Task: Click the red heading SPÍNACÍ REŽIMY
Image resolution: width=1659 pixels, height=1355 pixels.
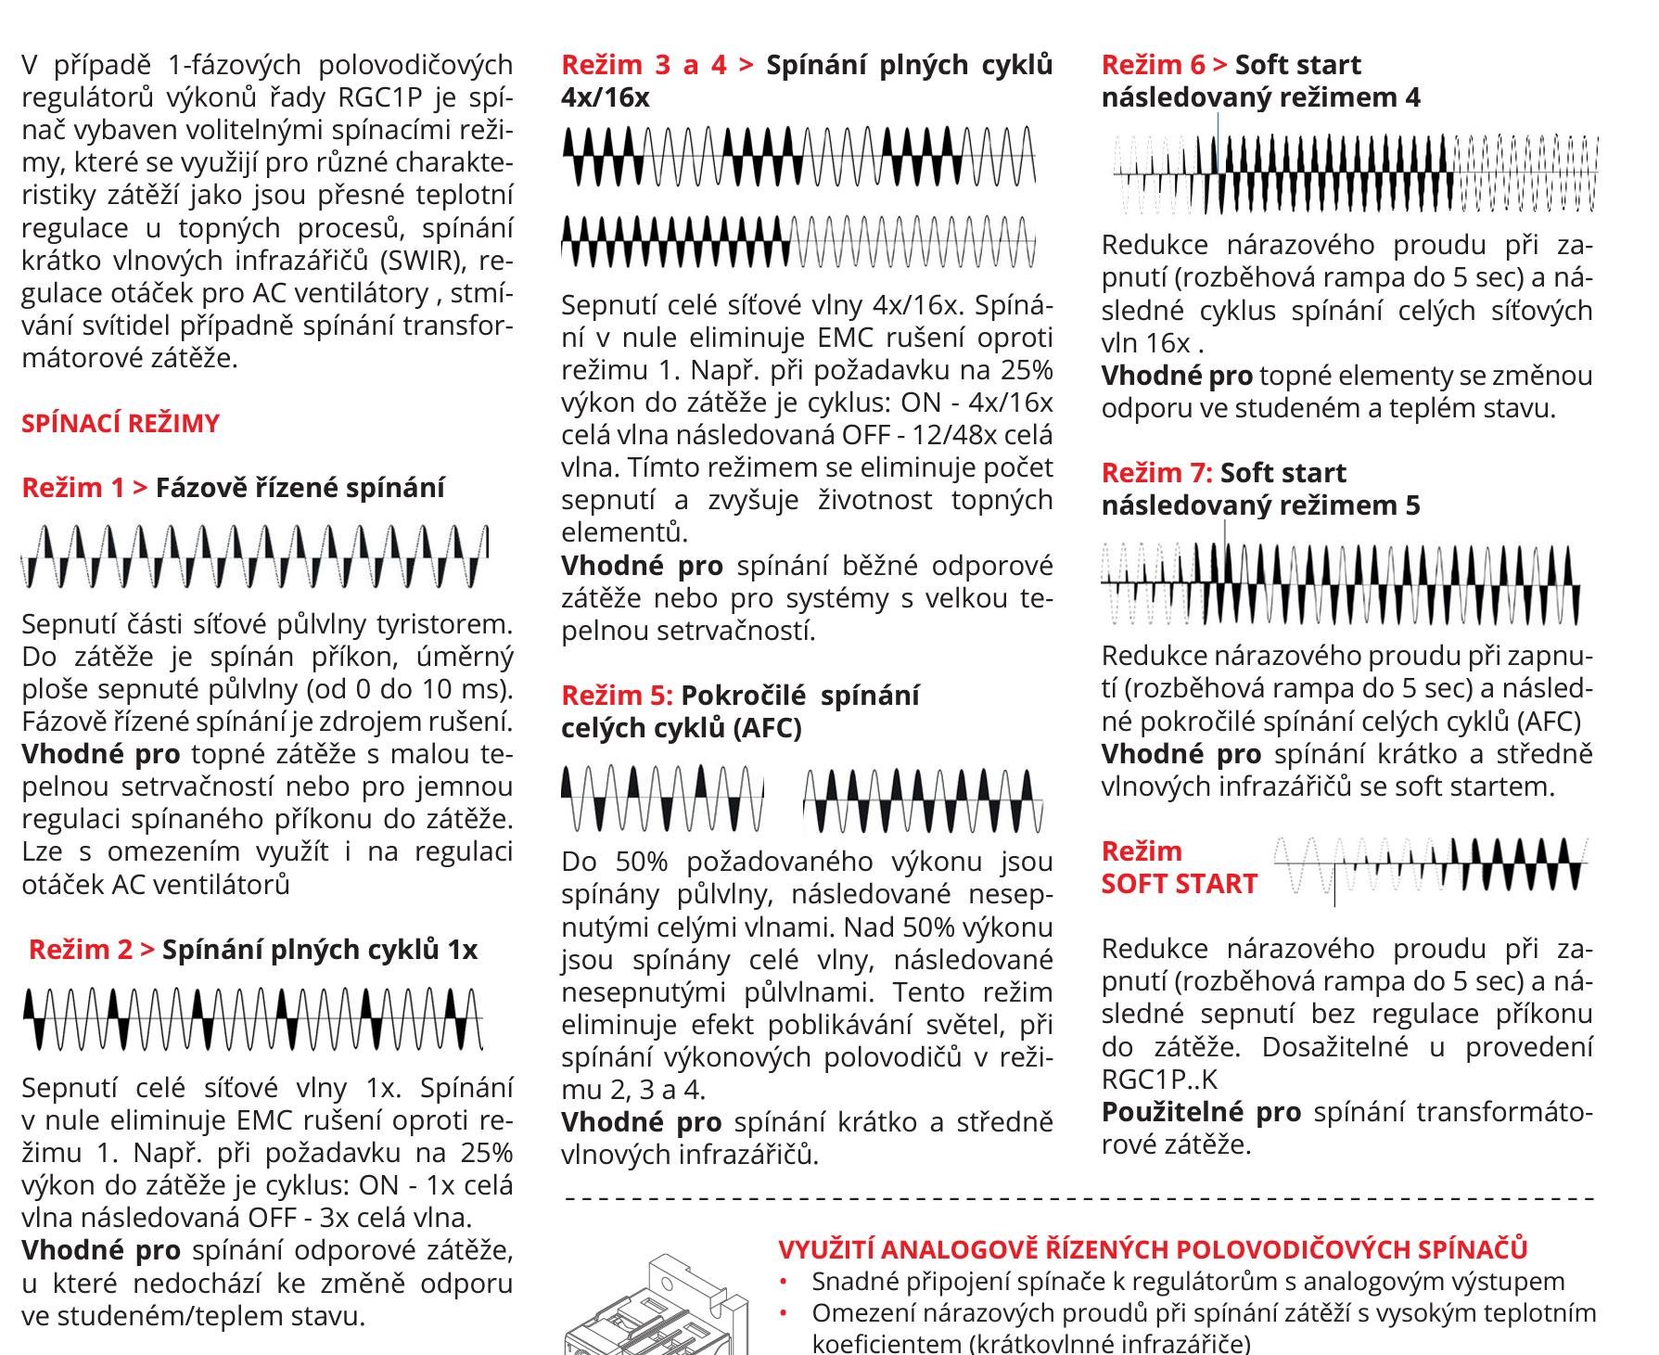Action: click(x=121, y=424)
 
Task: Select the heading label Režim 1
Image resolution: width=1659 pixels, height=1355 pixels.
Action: click(x=73, y=488)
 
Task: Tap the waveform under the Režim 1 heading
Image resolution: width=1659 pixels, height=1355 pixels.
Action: click(x=255, y=556)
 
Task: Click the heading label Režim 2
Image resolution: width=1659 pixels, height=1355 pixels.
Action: click(x=81, y=950)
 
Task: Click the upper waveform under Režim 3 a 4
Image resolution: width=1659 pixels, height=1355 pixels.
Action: click(x=798, y=156)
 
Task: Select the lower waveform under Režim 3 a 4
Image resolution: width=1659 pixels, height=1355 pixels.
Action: click(x=798, y=242)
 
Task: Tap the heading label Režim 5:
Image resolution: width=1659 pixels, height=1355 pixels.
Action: click(x=618, y=696)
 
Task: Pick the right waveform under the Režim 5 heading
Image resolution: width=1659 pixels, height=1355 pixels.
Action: click(x=924, y=799)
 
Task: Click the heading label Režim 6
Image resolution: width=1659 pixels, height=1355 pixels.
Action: click(x=1154, y=65)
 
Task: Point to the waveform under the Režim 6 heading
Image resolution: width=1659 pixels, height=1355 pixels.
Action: click(x=1356, y=173)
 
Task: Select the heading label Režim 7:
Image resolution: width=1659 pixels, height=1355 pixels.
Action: click(x=1157, y=473)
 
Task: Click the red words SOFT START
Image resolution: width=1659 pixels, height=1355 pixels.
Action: click(x=1179, y=884)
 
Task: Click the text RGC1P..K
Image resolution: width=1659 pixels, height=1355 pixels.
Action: click(x=1159, y=1080)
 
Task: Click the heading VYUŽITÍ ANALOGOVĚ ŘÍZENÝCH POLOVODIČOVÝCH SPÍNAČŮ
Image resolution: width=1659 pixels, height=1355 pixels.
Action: click(x=1153, y=1249)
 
